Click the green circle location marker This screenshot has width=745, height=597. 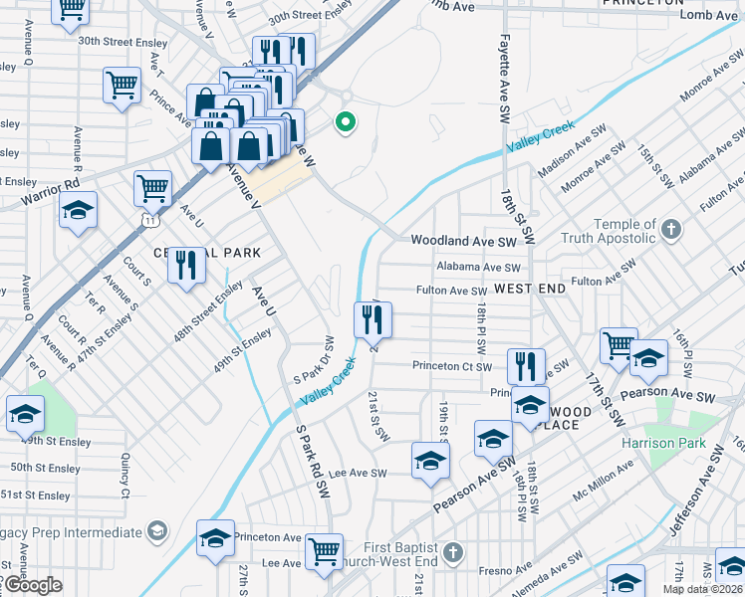346,123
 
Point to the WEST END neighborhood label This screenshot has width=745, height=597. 529,289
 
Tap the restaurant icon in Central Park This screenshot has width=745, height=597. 185,265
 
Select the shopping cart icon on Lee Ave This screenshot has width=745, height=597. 325,550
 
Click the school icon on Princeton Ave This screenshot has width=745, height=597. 215,538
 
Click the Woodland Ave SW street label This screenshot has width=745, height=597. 464,241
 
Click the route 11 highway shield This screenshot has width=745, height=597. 147,218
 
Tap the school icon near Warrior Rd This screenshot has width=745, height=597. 78,211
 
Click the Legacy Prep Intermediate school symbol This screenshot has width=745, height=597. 156,532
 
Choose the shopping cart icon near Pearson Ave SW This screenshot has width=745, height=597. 618,345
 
